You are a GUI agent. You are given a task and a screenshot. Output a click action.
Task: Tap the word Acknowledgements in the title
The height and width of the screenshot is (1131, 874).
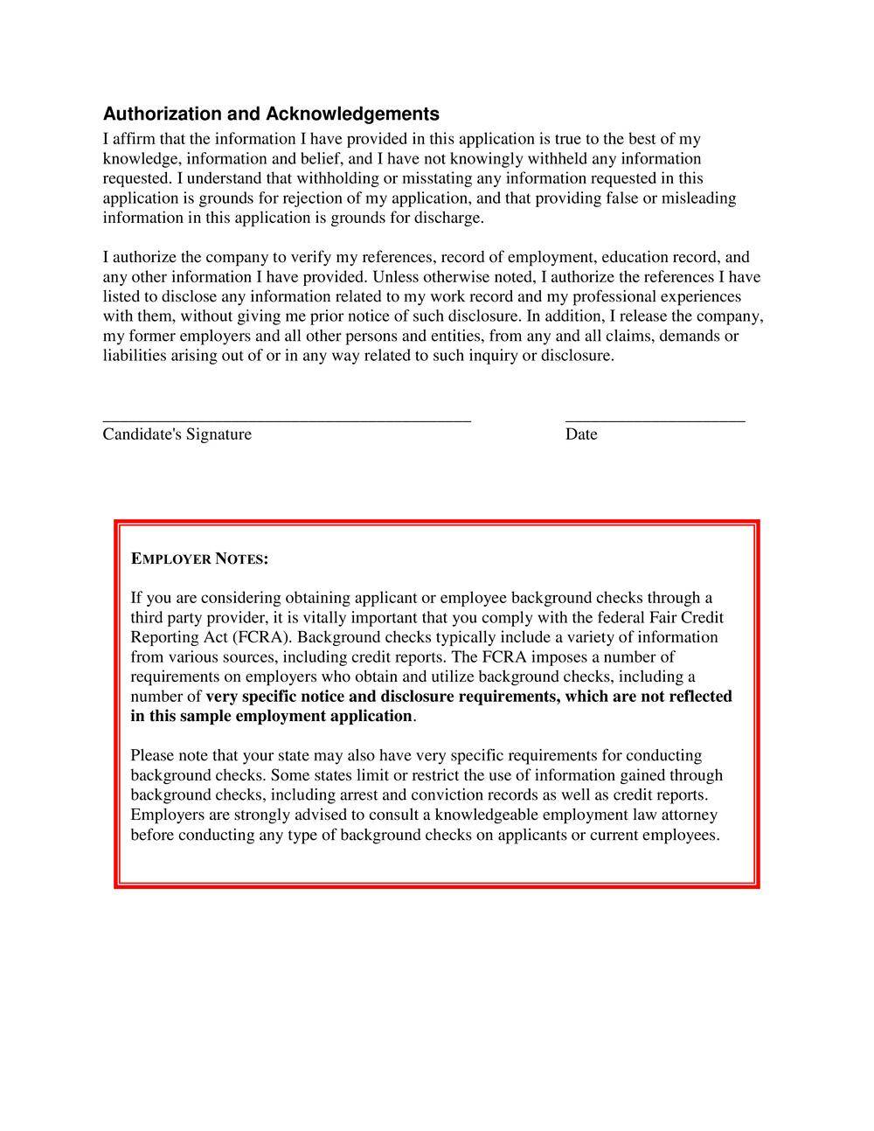coord(352,114)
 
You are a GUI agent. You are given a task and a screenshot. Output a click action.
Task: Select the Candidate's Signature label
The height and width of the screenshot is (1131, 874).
coord(177,434)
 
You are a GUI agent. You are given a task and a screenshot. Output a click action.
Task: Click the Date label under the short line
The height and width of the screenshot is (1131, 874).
coord(581,434)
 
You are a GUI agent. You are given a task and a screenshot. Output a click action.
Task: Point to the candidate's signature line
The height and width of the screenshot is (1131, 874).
coord(287,420)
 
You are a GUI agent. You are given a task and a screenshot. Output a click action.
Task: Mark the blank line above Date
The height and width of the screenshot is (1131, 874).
coord(655,420)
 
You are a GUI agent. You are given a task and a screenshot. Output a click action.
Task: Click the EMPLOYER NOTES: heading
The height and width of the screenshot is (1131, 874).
coord(199,559)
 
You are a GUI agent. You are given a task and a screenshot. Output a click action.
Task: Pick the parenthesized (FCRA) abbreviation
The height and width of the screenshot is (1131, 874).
coord(261,637)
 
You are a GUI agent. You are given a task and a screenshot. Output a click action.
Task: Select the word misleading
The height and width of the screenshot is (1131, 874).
coord(698,198)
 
